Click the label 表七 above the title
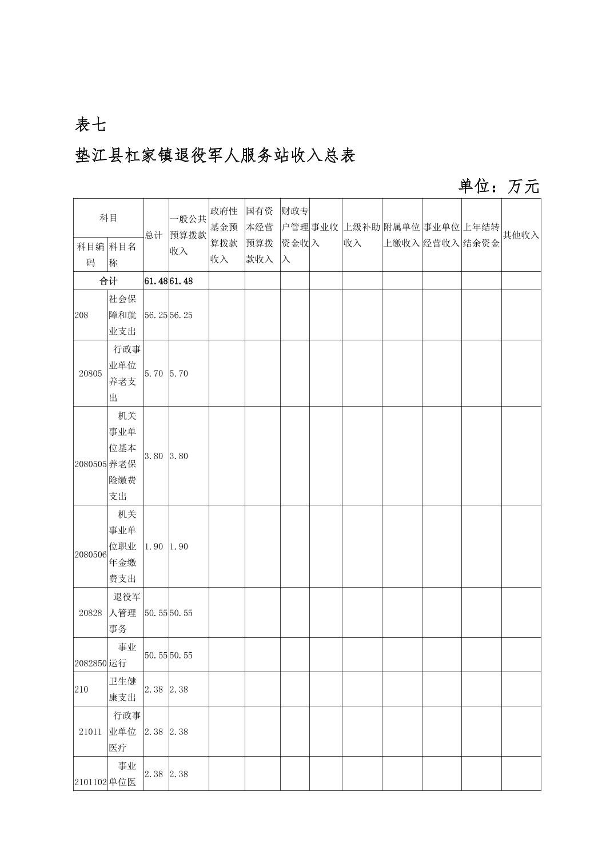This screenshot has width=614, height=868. click(x=90, y=124)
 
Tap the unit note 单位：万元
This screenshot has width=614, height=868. click(x=499, y=186)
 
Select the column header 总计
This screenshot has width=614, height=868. click(x=153, y=235)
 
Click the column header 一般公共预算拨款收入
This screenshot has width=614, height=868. click(x=188, y=235)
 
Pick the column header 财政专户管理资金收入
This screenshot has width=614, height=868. click(x=294, y=235)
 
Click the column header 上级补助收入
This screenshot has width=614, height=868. click(x=361, y=235)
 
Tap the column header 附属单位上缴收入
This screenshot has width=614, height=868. click(x=401, y=235)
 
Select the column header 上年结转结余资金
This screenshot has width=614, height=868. click(x=481, y=235)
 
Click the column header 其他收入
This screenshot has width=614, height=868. click(x=520, y=235)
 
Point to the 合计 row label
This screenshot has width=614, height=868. click(x=108, y=281)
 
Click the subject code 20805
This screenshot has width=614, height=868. click(x=90, y=373)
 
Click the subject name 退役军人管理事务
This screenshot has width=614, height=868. click(x=125, y=613)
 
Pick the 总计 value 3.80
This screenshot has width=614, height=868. click(x=154, y=456)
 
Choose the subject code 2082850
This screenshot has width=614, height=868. click(x=90, y=663)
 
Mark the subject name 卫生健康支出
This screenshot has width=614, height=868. click(x=123, y=689)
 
